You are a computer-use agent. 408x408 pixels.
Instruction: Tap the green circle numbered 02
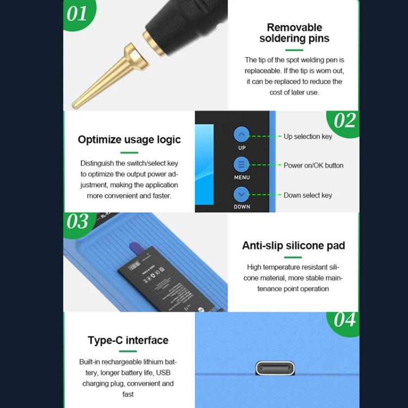coord(344,121)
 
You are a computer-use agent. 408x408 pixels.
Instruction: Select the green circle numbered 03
coord(78,222)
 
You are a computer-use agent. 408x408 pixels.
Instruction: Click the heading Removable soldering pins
coord(294,33)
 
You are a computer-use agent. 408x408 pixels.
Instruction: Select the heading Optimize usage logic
coord(129,139)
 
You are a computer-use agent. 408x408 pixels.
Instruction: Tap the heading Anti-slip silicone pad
coord(293,245)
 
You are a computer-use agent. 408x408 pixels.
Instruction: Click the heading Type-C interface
coord(128,341)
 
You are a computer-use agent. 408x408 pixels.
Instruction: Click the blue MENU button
coord(242,164)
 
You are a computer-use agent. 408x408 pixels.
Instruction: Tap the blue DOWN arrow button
coord(242,194)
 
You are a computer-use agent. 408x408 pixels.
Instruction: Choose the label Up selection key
coord(307,137)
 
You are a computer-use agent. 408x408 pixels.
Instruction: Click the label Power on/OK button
coord(313,165)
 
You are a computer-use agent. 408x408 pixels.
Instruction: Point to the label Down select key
coord(307,195)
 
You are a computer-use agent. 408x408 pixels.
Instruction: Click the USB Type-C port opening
coord(275,368)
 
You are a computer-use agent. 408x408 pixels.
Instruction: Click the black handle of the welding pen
coord(185,19)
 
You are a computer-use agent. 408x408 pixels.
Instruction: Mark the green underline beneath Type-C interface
coord(129,354)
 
